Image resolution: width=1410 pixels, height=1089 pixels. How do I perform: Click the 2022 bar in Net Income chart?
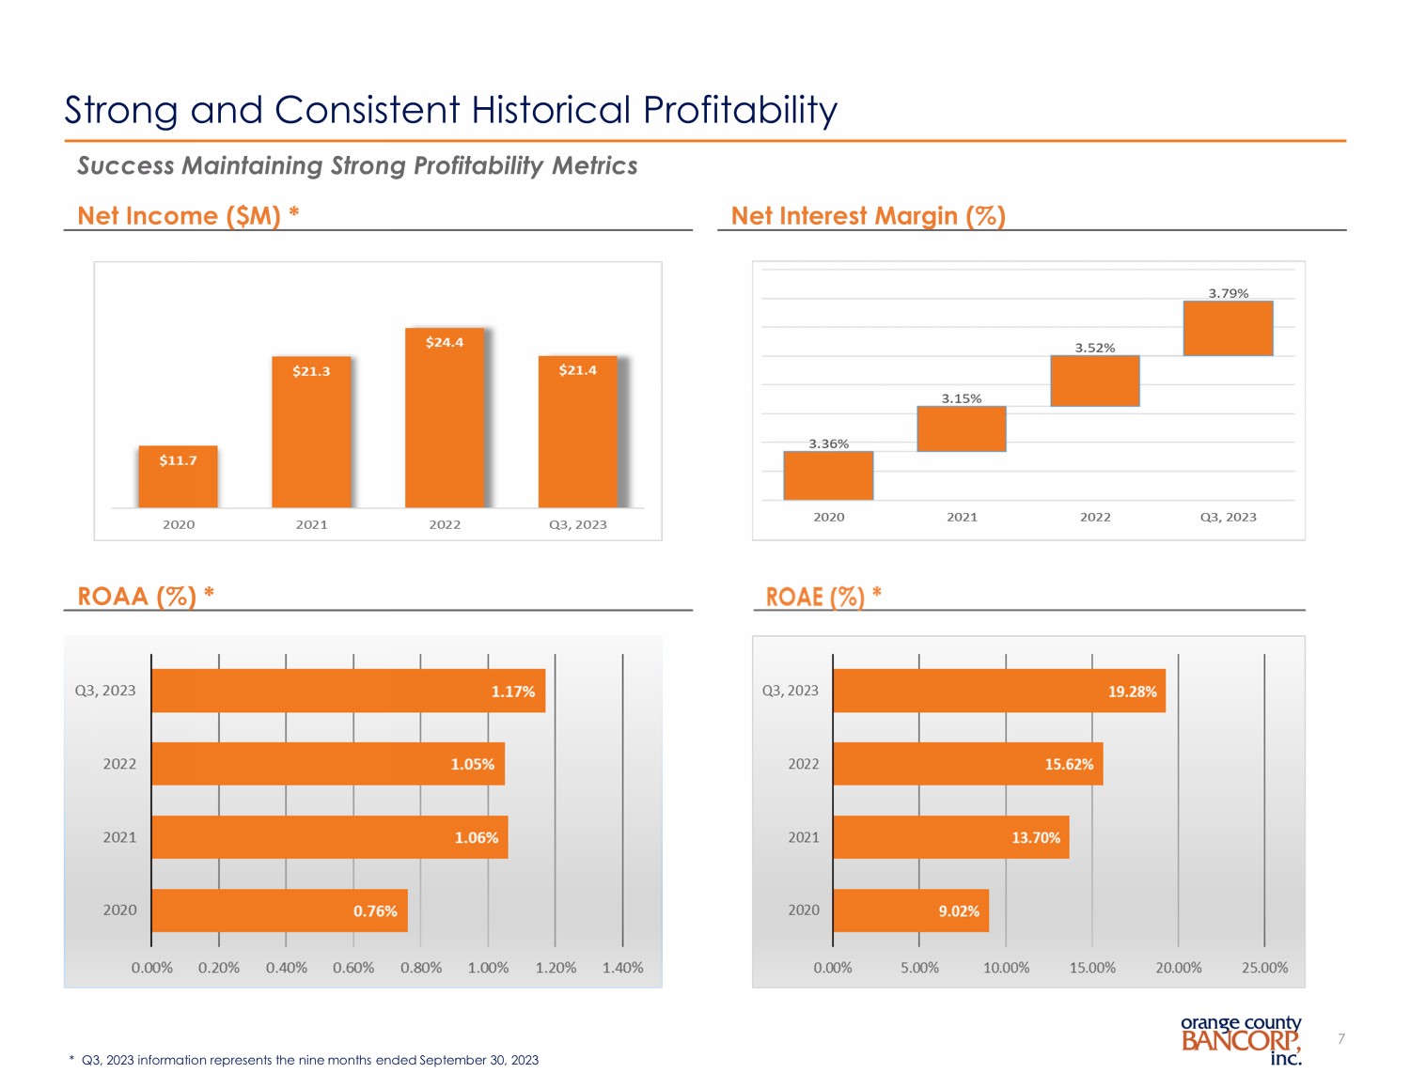[x=445, y=418]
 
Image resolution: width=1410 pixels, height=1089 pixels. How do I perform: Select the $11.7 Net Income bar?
[x=178, y=476]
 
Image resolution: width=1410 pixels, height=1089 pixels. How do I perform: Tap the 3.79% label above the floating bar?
[x=1228, y=293]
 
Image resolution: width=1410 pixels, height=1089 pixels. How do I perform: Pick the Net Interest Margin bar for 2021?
[x=962, y=428]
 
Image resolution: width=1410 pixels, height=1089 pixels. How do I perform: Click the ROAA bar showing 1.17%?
[x=348, y=691]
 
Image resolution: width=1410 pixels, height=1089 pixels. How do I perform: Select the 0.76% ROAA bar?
[x=279, y=910]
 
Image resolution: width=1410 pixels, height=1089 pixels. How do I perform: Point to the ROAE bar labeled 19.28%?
[x=998, y=691]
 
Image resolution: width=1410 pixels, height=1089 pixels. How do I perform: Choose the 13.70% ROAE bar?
[x=950, y=837]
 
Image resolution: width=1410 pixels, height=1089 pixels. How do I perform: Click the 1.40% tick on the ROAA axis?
[x=622, y=968]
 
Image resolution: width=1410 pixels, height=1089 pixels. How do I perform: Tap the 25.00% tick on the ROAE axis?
[x=1264, y=968]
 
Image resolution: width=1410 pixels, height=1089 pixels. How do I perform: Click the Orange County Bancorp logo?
[x=1241, y=1039]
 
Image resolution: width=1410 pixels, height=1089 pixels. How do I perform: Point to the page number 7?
[x=1341, y=1038]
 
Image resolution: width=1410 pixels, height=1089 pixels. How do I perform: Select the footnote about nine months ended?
[x=305, y=1060]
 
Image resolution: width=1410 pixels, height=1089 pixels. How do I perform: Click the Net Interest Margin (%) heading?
[x=868, y=216]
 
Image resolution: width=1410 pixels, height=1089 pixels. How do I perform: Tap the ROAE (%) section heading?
[x=823, y=597]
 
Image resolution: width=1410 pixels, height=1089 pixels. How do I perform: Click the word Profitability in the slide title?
[x=740, y=110]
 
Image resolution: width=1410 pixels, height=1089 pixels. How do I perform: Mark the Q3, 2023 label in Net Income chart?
[x=577, y=524]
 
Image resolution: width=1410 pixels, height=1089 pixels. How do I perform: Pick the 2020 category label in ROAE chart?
[x=804, y=910]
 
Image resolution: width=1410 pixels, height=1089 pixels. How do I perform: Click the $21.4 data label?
[x=577, y=370]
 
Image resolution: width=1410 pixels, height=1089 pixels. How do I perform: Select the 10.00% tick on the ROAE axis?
[x=1006, y=968]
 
